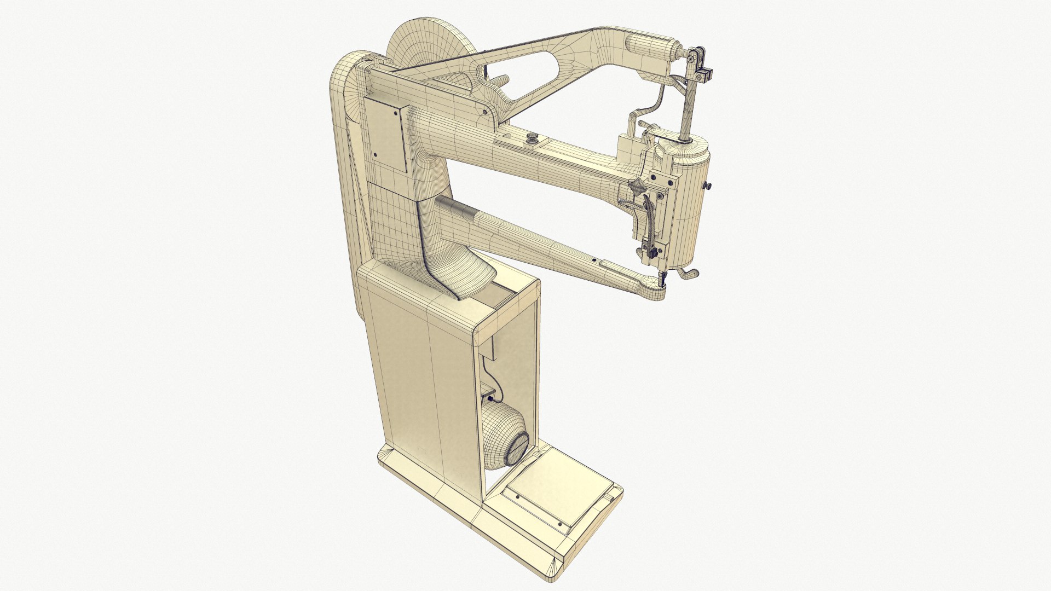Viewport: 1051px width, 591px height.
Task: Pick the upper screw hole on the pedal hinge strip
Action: click(x=518, y=497)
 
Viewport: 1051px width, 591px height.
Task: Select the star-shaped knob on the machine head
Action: click(x=637, y=188)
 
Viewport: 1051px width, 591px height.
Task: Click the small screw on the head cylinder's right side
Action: click(x=707, y=187)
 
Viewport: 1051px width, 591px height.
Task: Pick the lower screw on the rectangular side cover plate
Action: click(x=376, y=155)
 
